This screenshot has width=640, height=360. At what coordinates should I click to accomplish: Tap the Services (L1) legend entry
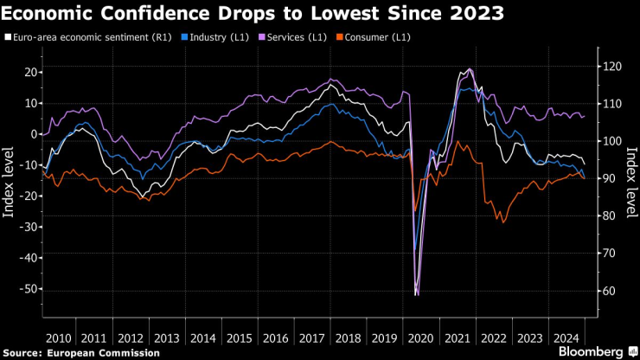pos(295,37)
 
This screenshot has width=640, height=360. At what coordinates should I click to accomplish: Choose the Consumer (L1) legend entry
pos(376,37)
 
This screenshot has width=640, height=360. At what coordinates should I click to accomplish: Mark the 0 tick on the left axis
pos(34,134)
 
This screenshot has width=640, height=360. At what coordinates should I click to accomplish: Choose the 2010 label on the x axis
pos(58,337)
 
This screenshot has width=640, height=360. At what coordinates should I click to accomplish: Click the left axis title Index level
pos(10,182)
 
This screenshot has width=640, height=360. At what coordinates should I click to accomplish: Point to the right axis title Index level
pos(630,182)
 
